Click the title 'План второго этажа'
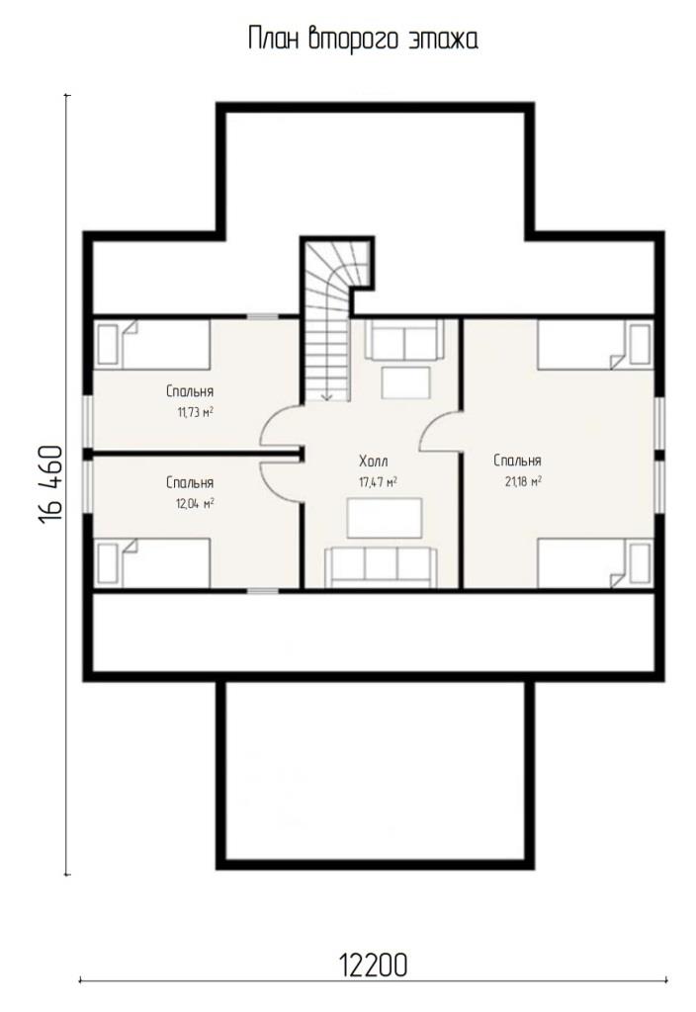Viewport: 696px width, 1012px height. tap(363, 39)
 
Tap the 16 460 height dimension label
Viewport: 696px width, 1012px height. tap(51, 484)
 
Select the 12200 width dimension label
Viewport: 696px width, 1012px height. tap(373, 966)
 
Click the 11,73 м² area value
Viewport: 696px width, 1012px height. tap(196, 412)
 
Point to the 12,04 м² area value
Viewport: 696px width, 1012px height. tap(195, 503)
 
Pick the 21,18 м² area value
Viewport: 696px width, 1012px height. tap(523, 481)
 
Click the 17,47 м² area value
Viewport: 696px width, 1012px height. tap(378, 482)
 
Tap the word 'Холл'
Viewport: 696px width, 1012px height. tap(374, 462)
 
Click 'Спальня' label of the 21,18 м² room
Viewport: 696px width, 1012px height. tap(517, 461)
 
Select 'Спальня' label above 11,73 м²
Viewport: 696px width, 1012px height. tap(190, 391)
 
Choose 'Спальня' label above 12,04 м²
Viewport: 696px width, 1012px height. tap(190, 482)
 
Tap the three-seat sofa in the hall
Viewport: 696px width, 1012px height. tap(381, 566)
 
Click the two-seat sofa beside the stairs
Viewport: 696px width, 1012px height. tap(404, 340)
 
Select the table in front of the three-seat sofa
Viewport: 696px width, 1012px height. tap(385, 518)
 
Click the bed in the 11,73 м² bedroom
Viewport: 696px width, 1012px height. tap(152, 345)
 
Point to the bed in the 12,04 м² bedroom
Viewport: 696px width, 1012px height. tap(152, 562)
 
